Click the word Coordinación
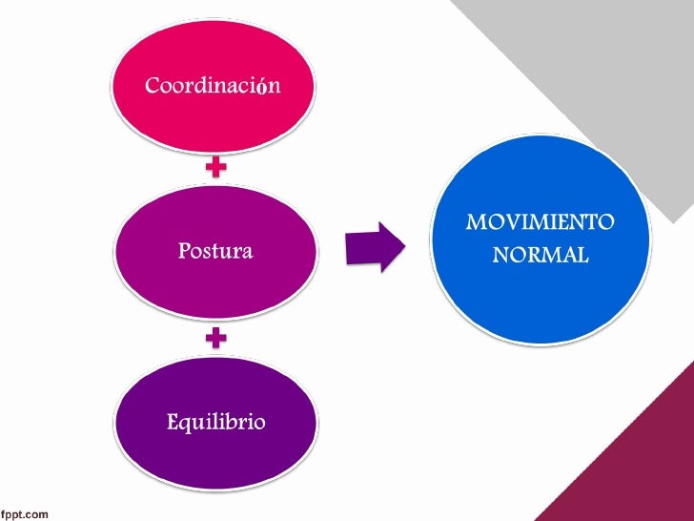pos(213,86)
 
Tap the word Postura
pos(214,252)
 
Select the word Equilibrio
pos(215,421)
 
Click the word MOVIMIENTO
pos(541,223)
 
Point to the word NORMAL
pos(541,256)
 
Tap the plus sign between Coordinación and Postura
pos(217,168)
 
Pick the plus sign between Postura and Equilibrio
pos(216,337)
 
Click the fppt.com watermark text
pos(25,514)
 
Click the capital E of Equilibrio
pos(173,421)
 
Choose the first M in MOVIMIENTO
pos(475,223)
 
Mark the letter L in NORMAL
pos(582,256)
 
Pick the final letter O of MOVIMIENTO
pos(606,223)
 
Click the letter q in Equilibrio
pos(186,424)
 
